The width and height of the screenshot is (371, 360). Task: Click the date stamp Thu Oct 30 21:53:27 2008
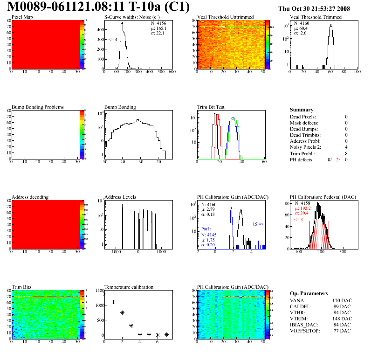click(x=320, y=8)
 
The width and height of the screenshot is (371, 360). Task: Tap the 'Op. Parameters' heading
click(x=309, y=293)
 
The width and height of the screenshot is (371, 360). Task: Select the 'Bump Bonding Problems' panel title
click(x=37, y=107)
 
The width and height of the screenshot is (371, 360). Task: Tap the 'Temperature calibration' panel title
click(x=129, y=287)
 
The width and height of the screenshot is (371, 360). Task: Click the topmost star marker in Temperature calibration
click(x=104, y=294)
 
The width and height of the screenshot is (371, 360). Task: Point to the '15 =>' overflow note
click(x=258, y=224)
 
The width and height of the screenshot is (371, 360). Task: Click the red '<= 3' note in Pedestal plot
click(x=298, y=219)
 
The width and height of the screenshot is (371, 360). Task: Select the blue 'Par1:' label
click(x=206, y=229)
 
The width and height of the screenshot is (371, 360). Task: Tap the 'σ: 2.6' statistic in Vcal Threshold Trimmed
click(x=300, y=33)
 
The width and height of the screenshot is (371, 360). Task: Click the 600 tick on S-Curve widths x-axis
click(x=172, y=72)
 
